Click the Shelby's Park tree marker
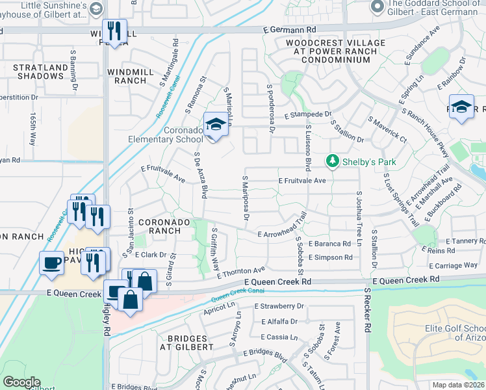[333, 161]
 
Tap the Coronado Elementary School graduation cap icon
[215, 125]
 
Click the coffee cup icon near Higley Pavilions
[52, 263]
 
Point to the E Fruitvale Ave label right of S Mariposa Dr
[301, 181]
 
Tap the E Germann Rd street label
[289, 30]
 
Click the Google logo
[21, 382]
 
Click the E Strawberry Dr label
[279, 305]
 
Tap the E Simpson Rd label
[330, 258]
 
